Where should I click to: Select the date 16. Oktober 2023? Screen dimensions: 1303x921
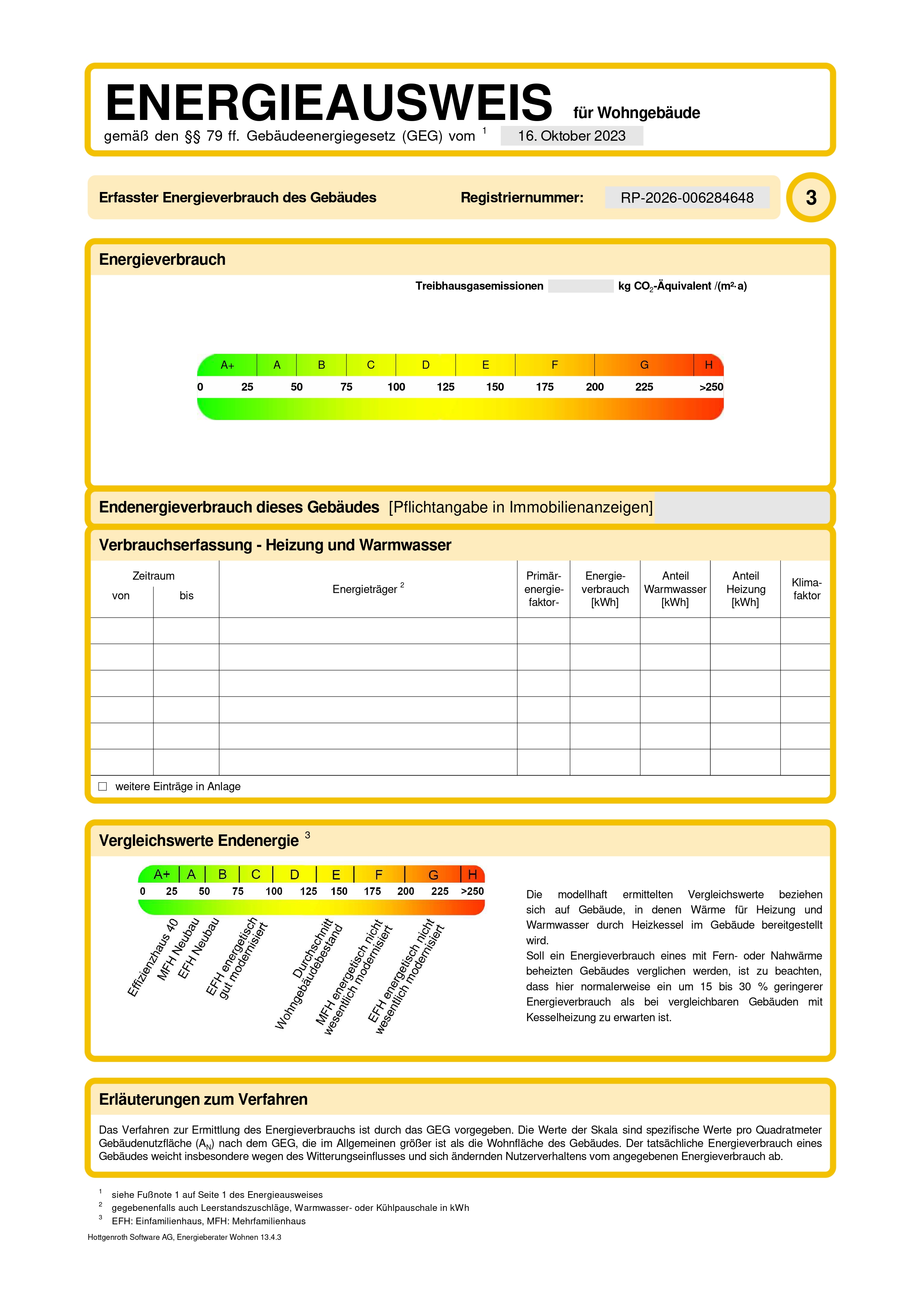[x=572, y=136]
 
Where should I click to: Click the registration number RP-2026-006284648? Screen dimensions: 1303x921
[x=687, y=198]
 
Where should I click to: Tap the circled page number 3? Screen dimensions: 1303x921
[x=811, y=198]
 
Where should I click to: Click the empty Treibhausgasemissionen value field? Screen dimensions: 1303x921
[x=580, y=286]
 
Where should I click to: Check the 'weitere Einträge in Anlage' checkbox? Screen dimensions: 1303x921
[x=103, y=786]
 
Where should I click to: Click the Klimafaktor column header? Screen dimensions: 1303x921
[x=806, y=589]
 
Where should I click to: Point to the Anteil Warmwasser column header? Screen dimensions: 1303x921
[x=675, y=589]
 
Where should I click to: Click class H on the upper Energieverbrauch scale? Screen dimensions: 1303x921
[x=708, y=365]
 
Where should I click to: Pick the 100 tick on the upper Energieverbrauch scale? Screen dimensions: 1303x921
[x=396, y=387]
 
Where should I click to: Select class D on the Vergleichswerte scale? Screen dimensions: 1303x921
[x=294, y=874]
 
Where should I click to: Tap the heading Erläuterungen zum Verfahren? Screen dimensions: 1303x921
[x=203, y=1099]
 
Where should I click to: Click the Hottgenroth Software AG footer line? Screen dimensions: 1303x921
[x=185, y=1237]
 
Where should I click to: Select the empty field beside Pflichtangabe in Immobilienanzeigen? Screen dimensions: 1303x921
[x=742, y=507]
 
